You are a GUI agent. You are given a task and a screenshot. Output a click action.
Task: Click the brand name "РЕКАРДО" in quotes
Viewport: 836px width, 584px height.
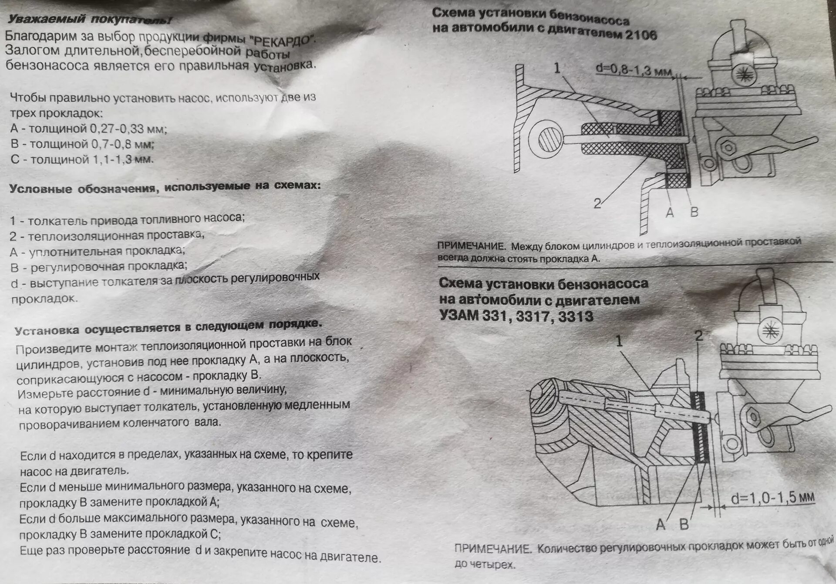(283, 39)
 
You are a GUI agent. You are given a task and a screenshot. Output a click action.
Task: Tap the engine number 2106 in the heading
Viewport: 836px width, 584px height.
(640, 34)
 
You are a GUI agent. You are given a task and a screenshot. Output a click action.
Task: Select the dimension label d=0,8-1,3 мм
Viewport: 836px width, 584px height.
(634, 70)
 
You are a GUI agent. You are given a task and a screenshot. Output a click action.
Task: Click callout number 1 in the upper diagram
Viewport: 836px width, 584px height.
(557, 68)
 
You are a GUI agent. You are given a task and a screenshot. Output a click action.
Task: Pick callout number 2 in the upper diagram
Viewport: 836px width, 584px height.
(597, 203)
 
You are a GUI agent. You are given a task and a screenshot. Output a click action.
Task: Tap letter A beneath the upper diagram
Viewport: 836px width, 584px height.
(670, 213)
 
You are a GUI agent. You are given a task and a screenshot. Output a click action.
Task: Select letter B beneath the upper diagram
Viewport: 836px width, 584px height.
(694, 212)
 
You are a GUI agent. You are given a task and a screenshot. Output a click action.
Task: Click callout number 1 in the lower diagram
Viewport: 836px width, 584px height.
(619, 341)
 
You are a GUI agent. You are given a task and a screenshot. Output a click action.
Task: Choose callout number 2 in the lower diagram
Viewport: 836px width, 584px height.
(699, 336)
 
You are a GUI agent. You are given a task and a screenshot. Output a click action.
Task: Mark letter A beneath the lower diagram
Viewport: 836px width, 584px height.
(661, 525)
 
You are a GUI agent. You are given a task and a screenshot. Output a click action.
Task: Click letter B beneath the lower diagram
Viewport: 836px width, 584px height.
(684, 525)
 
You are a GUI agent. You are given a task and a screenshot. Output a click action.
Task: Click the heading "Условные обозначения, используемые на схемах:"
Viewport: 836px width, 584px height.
(165, 187)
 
